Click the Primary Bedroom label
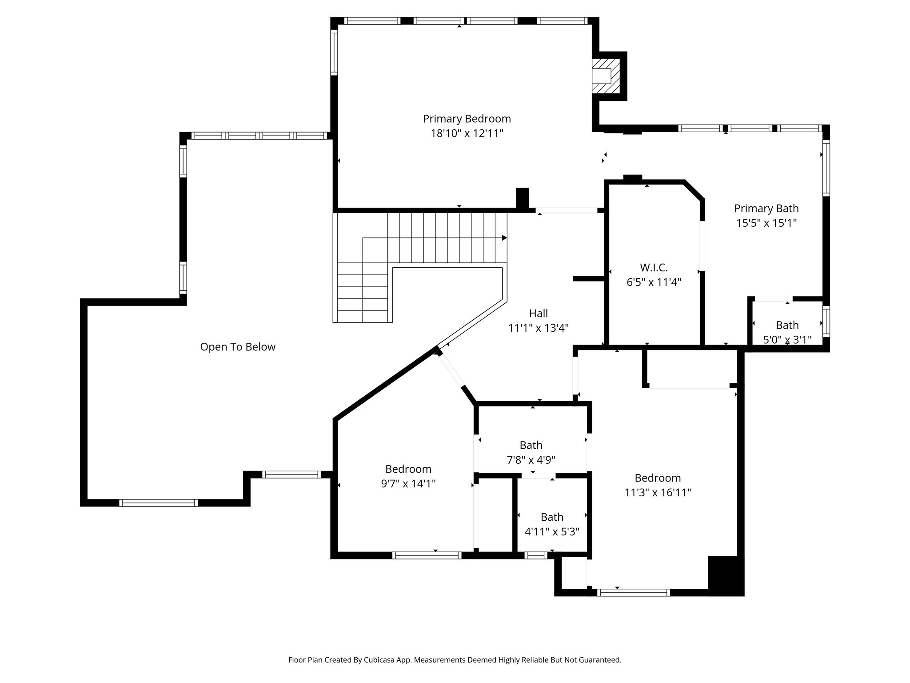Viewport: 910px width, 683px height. point(467,119)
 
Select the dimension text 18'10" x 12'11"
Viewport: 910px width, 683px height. point(467,133)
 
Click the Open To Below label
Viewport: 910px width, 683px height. point(238,347)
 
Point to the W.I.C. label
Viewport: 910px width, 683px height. point(654,268)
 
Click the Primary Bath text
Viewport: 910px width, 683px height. point(766,209)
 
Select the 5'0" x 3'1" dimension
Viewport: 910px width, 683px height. point(787,340)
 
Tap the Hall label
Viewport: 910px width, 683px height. point(538,313)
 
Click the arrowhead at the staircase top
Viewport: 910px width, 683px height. point(504,238)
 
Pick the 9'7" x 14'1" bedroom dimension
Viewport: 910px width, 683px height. point(408,484)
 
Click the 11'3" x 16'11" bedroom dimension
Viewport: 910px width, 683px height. point(658,493)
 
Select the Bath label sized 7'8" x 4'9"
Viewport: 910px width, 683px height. point(531,445)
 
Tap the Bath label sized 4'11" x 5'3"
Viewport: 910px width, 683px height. point(552,517)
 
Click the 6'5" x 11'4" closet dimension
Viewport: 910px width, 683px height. point(654,282)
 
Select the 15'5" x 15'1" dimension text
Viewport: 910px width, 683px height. point(766,223)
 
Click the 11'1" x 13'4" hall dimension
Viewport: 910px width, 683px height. point(538,328)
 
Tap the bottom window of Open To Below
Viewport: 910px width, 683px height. point(158,503)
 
